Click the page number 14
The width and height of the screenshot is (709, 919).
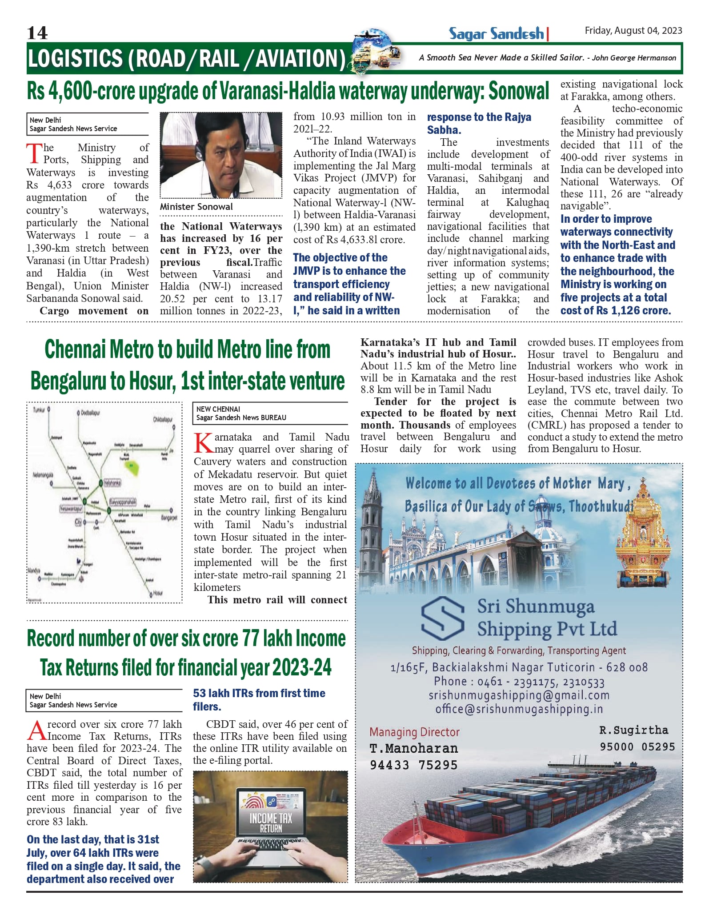(37, 33)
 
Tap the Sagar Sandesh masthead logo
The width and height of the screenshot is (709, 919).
(497, 34)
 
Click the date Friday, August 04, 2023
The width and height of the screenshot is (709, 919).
(633, 31)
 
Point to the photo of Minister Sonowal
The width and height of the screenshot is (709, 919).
(221, 155)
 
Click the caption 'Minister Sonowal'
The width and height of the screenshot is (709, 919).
(196, 207)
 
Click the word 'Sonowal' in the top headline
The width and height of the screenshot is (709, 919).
(519, 91)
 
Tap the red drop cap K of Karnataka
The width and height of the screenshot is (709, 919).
(203, 443)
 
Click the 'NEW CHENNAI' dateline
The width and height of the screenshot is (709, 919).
(218, 409)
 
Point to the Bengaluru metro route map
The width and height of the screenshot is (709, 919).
(104, 502)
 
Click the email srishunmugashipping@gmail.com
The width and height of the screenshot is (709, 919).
(519, 695)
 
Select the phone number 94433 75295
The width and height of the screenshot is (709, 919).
(413, 765)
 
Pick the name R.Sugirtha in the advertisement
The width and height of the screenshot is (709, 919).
(633, 730)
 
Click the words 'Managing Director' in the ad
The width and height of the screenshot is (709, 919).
(414, 732)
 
